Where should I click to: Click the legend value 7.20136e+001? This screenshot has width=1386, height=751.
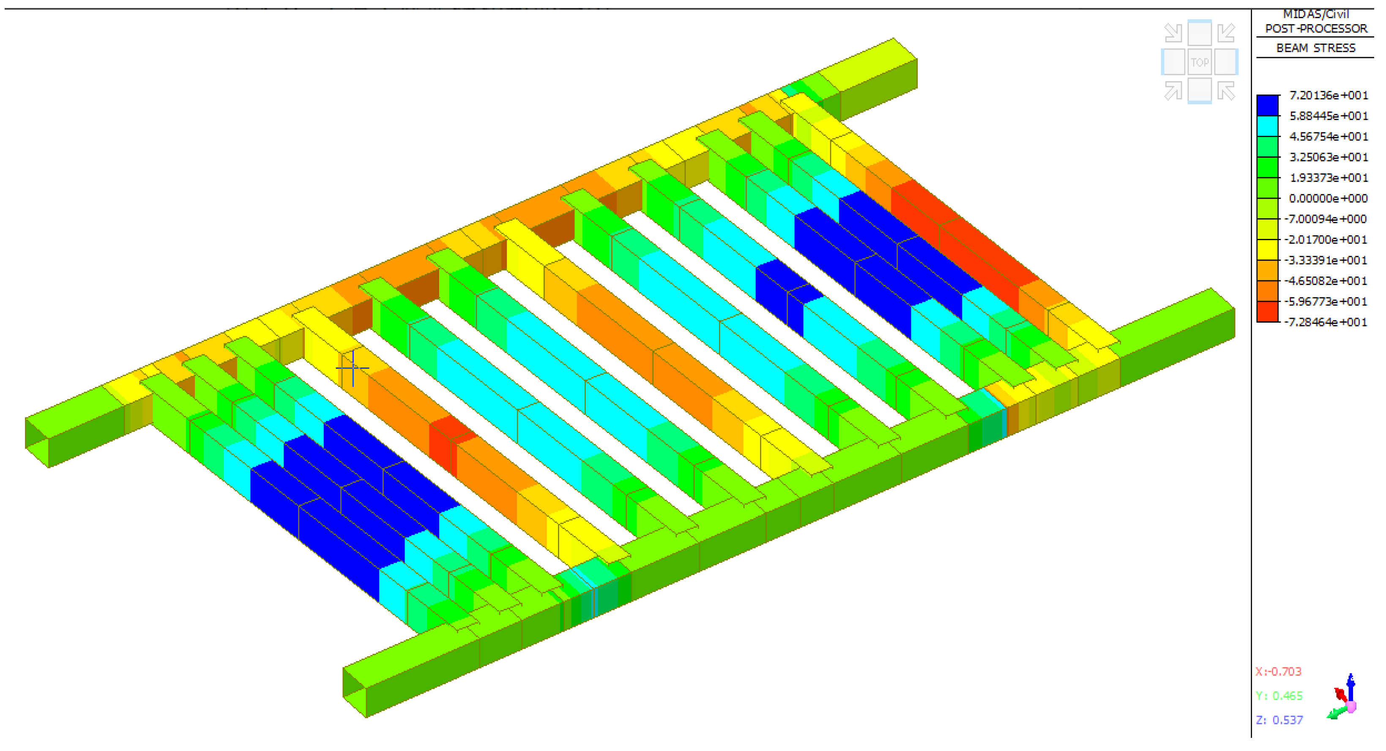pos(1329,95)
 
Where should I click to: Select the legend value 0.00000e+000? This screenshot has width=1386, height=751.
pos(1328,198)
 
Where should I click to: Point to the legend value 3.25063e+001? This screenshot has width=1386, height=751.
pos(1329,157)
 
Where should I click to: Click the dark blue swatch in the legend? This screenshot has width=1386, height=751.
pos(1267,106)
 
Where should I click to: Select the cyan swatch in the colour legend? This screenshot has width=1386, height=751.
pos(1267,126)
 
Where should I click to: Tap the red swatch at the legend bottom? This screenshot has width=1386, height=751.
pos(1267,312)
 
